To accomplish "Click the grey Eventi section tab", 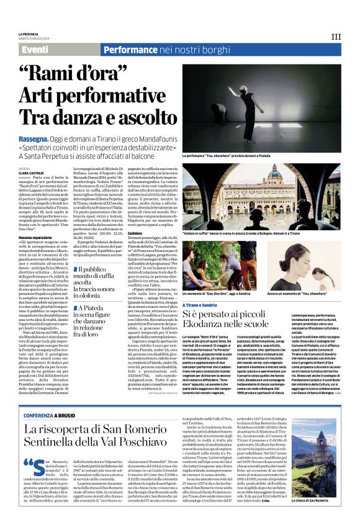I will [x=39, y=49].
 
